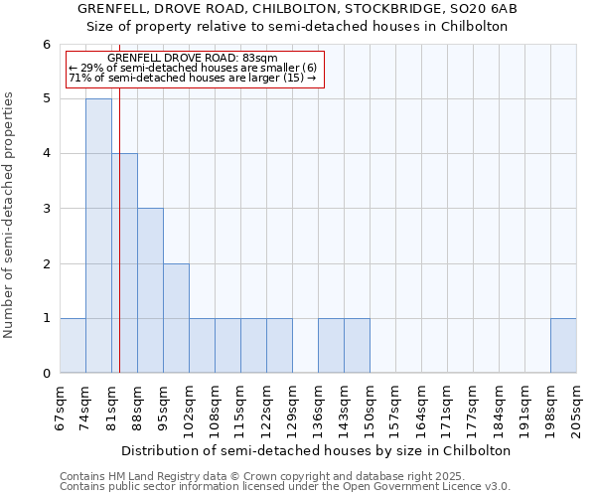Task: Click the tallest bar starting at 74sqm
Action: (98, 236)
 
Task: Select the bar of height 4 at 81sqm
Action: (124, 263)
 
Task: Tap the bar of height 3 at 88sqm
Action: (150, 290)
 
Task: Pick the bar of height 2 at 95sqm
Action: (176, 318)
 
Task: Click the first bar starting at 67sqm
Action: (73, 346)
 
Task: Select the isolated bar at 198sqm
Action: (563, 346)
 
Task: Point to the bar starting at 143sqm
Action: (357, 346)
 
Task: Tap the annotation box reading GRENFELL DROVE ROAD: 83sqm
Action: (194, 69)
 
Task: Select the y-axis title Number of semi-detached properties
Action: (10, 215)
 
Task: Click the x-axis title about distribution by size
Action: (317, 450)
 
